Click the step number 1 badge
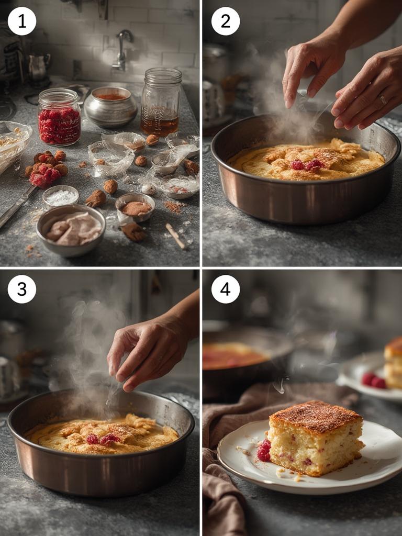[x=22, y=21]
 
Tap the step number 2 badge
[x=225, y=21]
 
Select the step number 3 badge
[x=22, y=289]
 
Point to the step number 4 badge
[x=225, y=289]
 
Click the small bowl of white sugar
[x=61, y=197]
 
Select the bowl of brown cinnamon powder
[x=135, y=207]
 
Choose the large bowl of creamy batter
[x=71, y=229]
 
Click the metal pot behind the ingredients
[x=110, y=106]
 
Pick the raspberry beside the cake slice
[x=264, y=451]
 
